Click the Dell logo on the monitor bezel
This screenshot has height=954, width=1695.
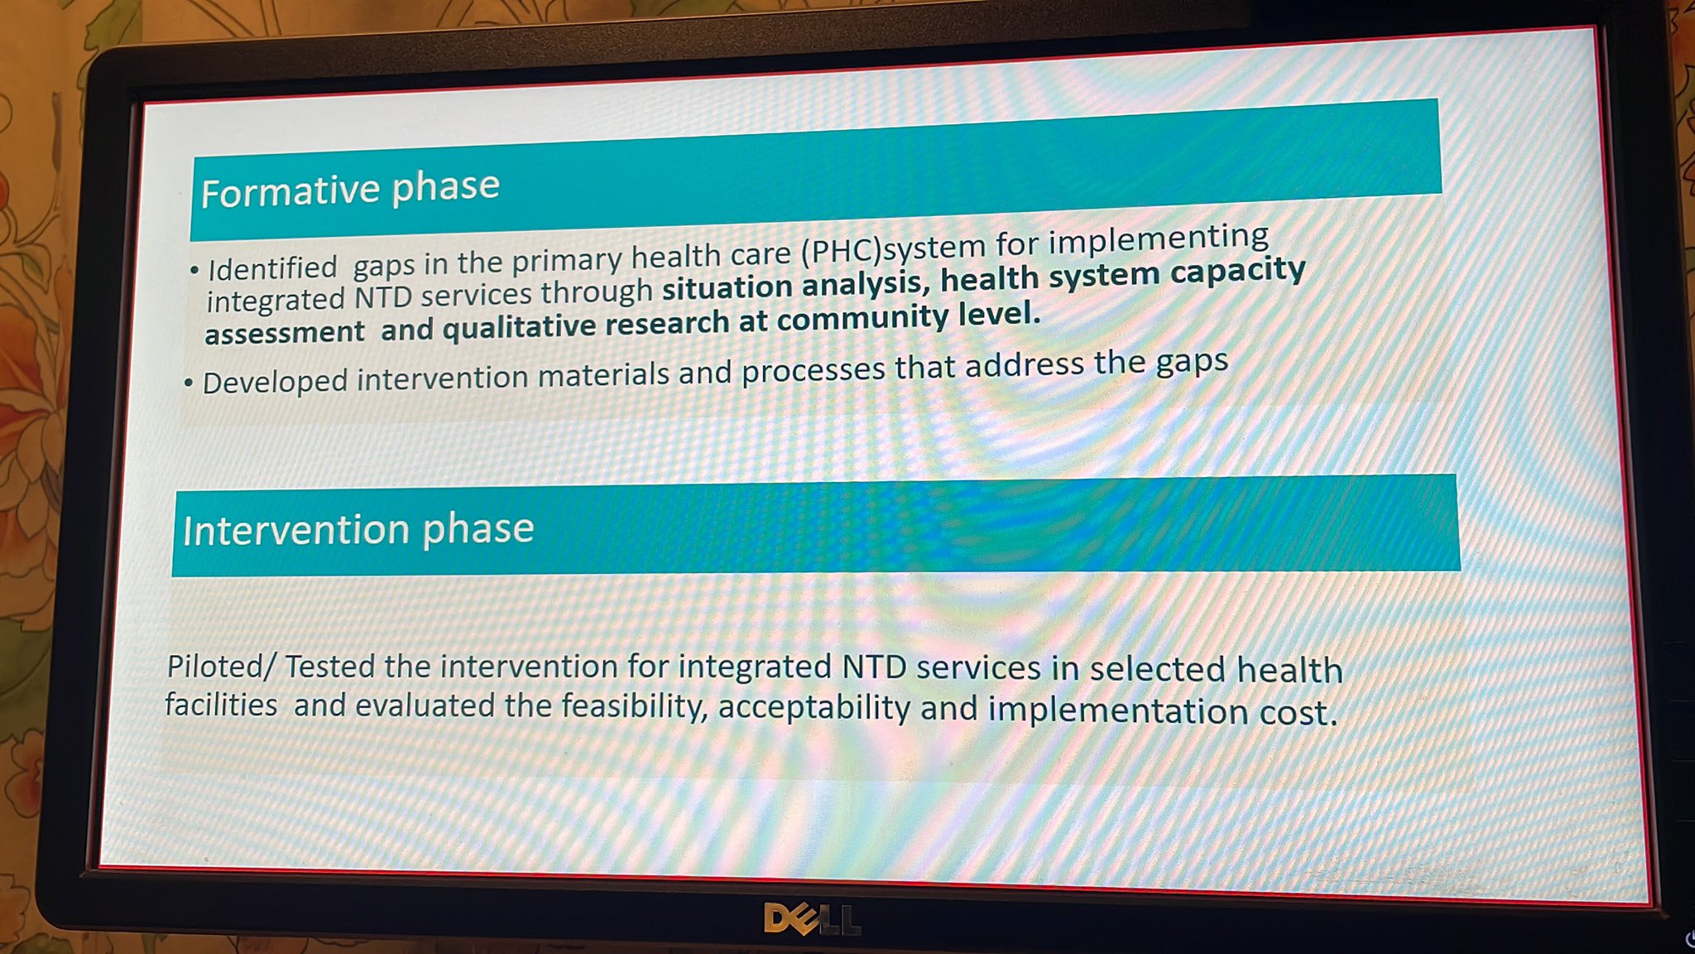(x=812, y=918)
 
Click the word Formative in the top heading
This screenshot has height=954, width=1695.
(x=291, y=191)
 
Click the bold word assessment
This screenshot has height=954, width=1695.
(x=284, y=333)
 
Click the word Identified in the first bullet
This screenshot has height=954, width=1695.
(x=272, y=268)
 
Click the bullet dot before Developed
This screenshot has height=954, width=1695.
(x=189, y=383)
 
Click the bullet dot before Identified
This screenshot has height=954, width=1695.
(x=194, y=271)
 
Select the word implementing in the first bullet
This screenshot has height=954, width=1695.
(x=1158, y=239)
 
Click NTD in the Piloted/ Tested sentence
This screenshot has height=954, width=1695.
(x=874, y=667)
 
